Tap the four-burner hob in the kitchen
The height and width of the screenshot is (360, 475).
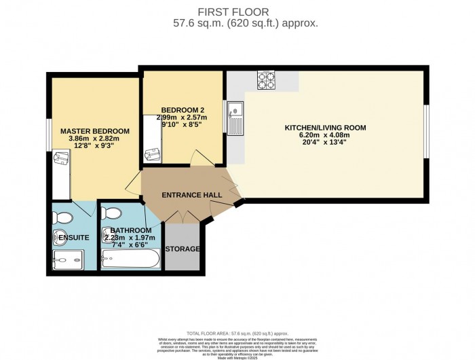pyautogui.click(x=265, y=82)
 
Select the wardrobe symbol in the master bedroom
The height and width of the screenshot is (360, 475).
pyautogui.click(x=61, y=175)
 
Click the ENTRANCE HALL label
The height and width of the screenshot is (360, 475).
pyautogui.click(x=192, y=196)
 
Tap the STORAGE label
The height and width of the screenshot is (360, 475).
pyautogui.click(x=183, y=249)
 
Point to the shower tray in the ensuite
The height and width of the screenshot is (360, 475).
pyautogui.click(x=68, y=259)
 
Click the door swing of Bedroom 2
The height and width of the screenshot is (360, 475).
pyautogui.click(x=199, y=159)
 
